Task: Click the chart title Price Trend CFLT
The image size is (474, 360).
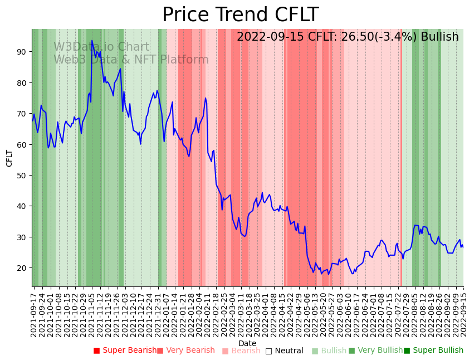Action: (240, 14)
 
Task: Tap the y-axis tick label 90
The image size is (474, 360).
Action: (21, 52)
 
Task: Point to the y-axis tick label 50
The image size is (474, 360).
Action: (21, 175)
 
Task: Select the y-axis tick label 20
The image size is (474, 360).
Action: (21, 267)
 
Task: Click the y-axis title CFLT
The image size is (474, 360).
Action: (9, 158)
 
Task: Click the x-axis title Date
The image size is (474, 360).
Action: (247, 343)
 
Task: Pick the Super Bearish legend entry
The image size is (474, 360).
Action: (125, 351)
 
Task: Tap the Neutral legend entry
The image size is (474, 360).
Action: (285, 351)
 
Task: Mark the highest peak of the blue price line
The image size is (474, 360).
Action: (92, 41)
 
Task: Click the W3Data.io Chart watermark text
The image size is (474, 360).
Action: (101, 47)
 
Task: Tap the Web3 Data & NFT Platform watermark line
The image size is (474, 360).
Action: (131, 60)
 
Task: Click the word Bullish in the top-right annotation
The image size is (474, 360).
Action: (439, 37)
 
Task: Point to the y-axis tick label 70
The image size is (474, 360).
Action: (21, 114)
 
